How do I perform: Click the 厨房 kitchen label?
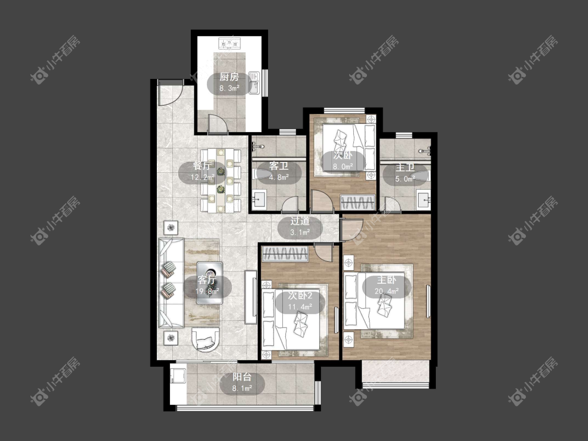click(x=229, y=77)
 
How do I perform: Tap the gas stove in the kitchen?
click(x=229, y=44)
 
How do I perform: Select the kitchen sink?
click(x=254, y=83)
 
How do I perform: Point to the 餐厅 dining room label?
click(x=202, y=166)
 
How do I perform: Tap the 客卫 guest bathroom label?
click(x=279, y=166)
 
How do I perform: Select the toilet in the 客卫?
click(x=261, y=174)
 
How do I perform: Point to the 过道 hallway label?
click(x=299, y=221)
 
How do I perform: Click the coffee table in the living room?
click(x=210, y=283)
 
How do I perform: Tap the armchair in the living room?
click(x=205, y=339)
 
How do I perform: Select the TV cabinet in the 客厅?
click(x=251, y=297)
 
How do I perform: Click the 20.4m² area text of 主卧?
click(x=387, y=291)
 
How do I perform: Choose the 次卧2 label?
click(x=301, y=296)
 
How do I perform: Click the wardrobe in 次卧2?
click(x=285, y=254)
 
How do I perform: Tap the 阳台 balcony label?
click(x=242, y=377)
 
